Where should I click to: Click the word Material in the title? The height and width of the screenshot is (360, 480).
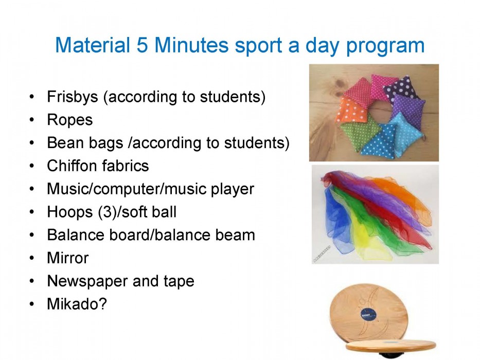pyautogui.click(x=93, y=45)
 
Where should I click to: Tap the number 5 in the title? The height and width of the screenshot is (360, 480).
pyautogui.click(x=142, y=45)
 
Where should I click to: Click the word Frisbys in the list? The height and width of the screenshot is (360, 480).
pyautogui.click(x=73, y=97)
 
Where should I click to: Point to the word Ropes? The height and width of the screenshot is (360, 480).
pyautogui.click(x=70, y=120)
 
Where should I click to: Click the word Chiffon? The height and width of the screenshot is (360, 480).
pyautogui.click(x=71, y=166)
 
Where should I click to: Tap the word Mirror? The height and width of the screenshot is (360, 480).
pyautogui.click(x=68, y=258)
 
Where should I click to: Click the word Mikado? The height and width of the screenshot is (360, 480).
pyautogui.click(x=77, y=303)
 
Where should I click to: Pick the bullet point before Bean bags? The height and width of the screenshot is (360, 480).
pyautogui.click(x=32, y=143)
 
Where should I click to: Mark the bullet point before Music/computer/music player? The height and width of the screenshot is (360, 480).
pyautogui.click(x=32, y=189)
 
